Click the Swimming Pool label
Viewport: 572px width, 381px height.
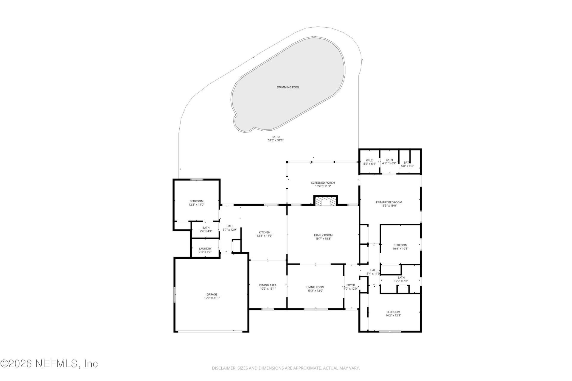click(288, 87)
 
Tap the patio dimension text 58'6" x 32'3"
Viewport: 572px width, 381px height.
click(275, 140)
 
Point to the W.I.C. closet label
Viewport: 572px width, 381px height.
click(369, 160)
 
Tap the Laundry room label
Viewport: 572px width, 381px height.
click(205, 249)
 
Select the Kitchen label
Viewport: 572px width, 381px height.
click(265, 232)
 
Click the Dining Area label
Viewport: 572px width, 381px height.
click(268, 285)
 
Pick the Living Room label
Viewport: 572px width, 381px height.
click(315, 287)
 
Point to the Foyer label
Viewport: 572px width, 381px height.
click(350, 285)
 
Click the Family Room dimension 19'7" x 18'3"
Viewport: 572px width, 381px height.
click(323, 239)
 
